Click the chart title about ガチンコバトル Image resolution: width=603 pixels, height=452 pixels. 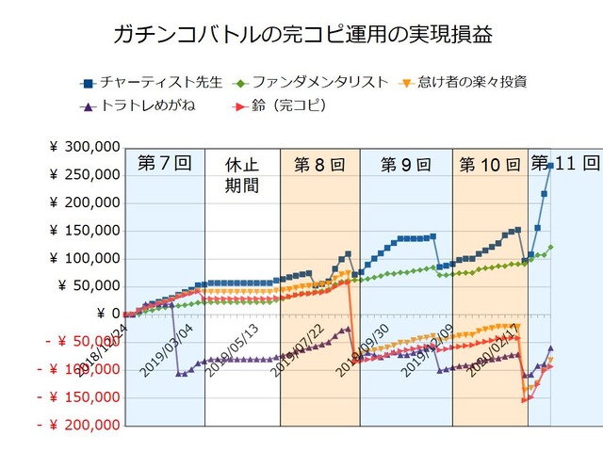pos(301,35)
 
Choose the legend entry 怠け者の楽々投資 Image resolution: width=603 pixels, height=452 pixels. pos(468,82)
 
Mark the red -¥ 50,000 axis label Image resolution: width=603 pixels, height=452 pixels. pos(79,342)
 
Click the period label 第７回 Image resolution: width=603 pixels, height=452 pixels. pos(164,163)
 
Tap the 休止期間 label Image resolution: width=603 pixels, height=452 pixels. pos(242,174)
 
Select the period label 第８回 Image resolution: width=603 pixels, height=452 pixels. pos(319,165)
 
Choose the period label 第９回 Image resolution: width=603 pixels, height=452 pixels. pos(405,165)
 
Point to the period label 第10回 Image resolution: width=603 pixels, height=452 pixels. pos(489,165)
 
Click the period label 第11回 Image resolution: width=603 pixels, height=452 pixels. pos(565,162)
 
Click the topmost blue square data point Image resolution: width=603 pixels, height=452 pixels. pos(550,165)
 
